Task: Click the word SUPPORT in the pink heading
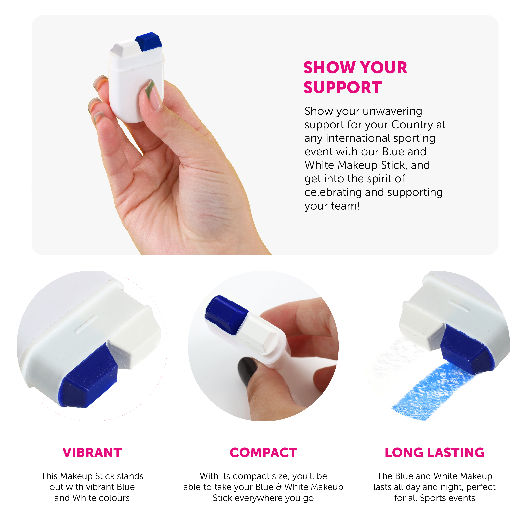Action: (x=342, y=87)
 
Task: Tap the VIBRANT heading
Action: (x=92, y=453)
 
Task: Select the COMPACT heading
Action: (x=263, y=453)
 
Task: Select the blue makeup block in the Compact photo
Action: (x=226, y=316)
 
